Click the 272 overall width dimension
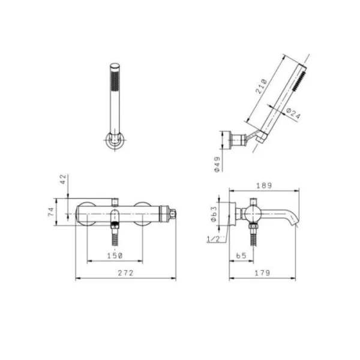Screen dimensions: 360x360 coord(125,273)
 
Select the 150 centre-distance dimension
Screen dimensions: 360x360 coord(115,256)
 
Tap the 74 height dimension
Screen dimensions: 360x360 coord(51,212)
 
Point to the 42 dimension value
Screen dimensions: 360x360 coord(63,179)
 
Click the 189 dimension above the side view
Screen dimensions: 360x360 coord(264,185)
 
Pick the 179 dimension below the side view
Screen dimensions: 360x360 coord(262,273)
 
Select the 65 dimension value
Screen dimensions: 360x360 coord(241,256)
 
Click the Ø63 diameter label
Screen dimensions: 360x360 coord(214,214)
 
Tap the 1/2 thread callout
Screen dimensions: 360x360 coord(213,239)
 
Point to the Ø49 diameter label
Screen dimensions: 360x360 coord(217,164)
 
